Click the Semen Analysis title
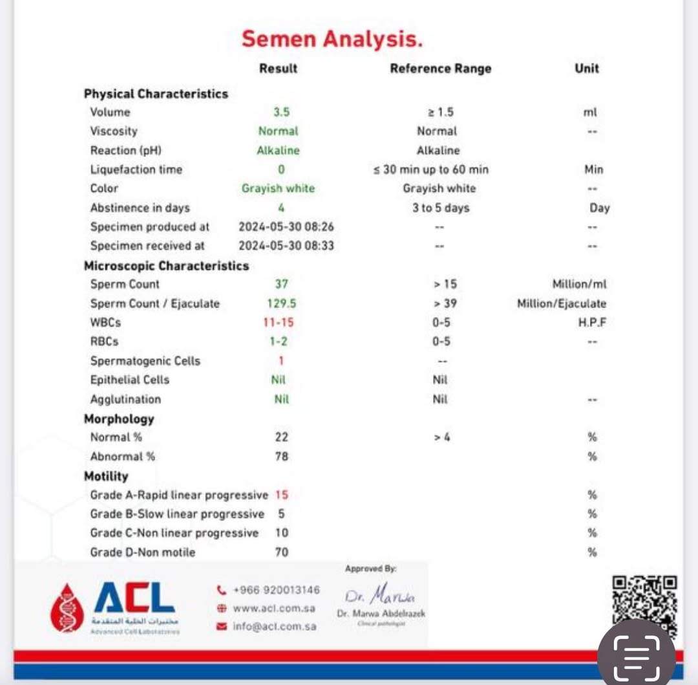[332, 39]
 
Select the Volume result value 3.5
[281, 112]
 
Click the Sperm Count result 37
[281, 284]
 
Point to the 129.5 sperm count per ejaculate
[282, 303]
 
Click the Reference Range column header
[440, 69]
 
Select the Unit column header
[586, 69]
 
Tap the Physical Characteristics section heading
[156, 94]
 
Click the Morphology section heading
[119, 419]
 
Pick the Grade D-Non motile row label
[142, 552]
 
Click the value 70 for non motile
[282, 552]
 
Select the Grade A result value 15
[282, 495]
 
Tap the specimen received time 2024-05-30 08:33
[286, 246]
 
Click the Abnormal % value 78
[281, 457]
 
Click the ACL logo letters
[134, 598]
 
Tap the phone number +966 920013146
[276, 590]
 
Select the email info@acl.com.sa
[275, 626]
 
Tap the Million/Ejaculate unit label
[561, 303]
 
